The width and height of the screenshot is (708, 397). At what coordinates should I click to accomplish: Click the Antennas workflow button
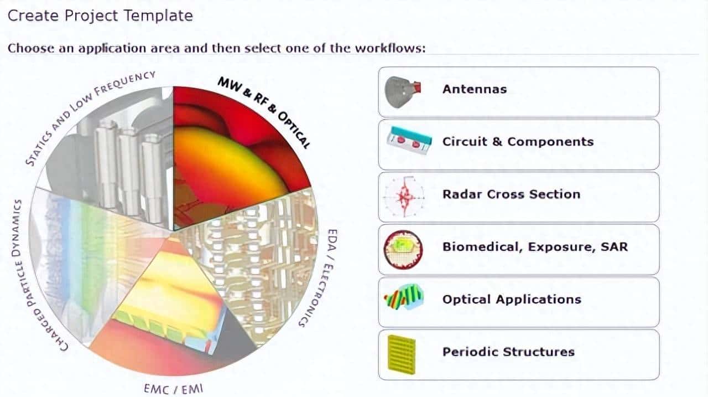pos(519,92)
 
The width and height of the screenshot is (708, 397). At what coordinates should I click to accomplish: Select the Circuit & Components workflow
pos(519,145)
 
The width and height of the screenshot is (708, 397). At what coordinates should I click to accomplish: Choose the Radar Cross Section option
pos(519,197)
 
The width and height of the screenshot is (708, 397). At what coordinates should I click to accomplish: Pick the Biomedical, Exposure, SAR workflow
pos(519,250)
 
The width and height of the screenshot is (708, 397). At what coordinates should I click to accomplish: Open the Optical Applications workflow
pos(519,302)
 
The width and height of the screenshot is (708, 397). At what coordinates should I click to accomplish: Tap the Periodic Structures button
pos(519,354)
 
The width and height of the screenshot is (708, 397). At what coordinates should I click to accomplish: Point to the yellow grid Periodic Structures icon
pos(402,354)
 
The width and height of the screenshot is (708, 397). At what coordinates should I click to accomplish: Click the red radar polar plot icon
pos(404,197)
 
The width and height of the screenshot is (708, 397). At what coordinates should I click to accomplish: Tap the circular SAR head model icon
pos(403,250)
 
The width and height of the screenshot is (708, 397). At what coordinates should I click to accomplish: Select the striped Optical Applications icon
pos(404,297)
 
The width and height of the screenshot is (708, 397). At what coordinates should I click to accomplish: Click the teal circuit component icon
pos(409,141)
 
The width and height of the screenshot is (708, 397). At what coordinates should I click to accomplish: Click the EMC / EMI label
pos(174,389)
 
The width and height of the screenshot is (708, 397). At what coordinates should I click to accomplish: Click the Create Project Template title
pos(100,16)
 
